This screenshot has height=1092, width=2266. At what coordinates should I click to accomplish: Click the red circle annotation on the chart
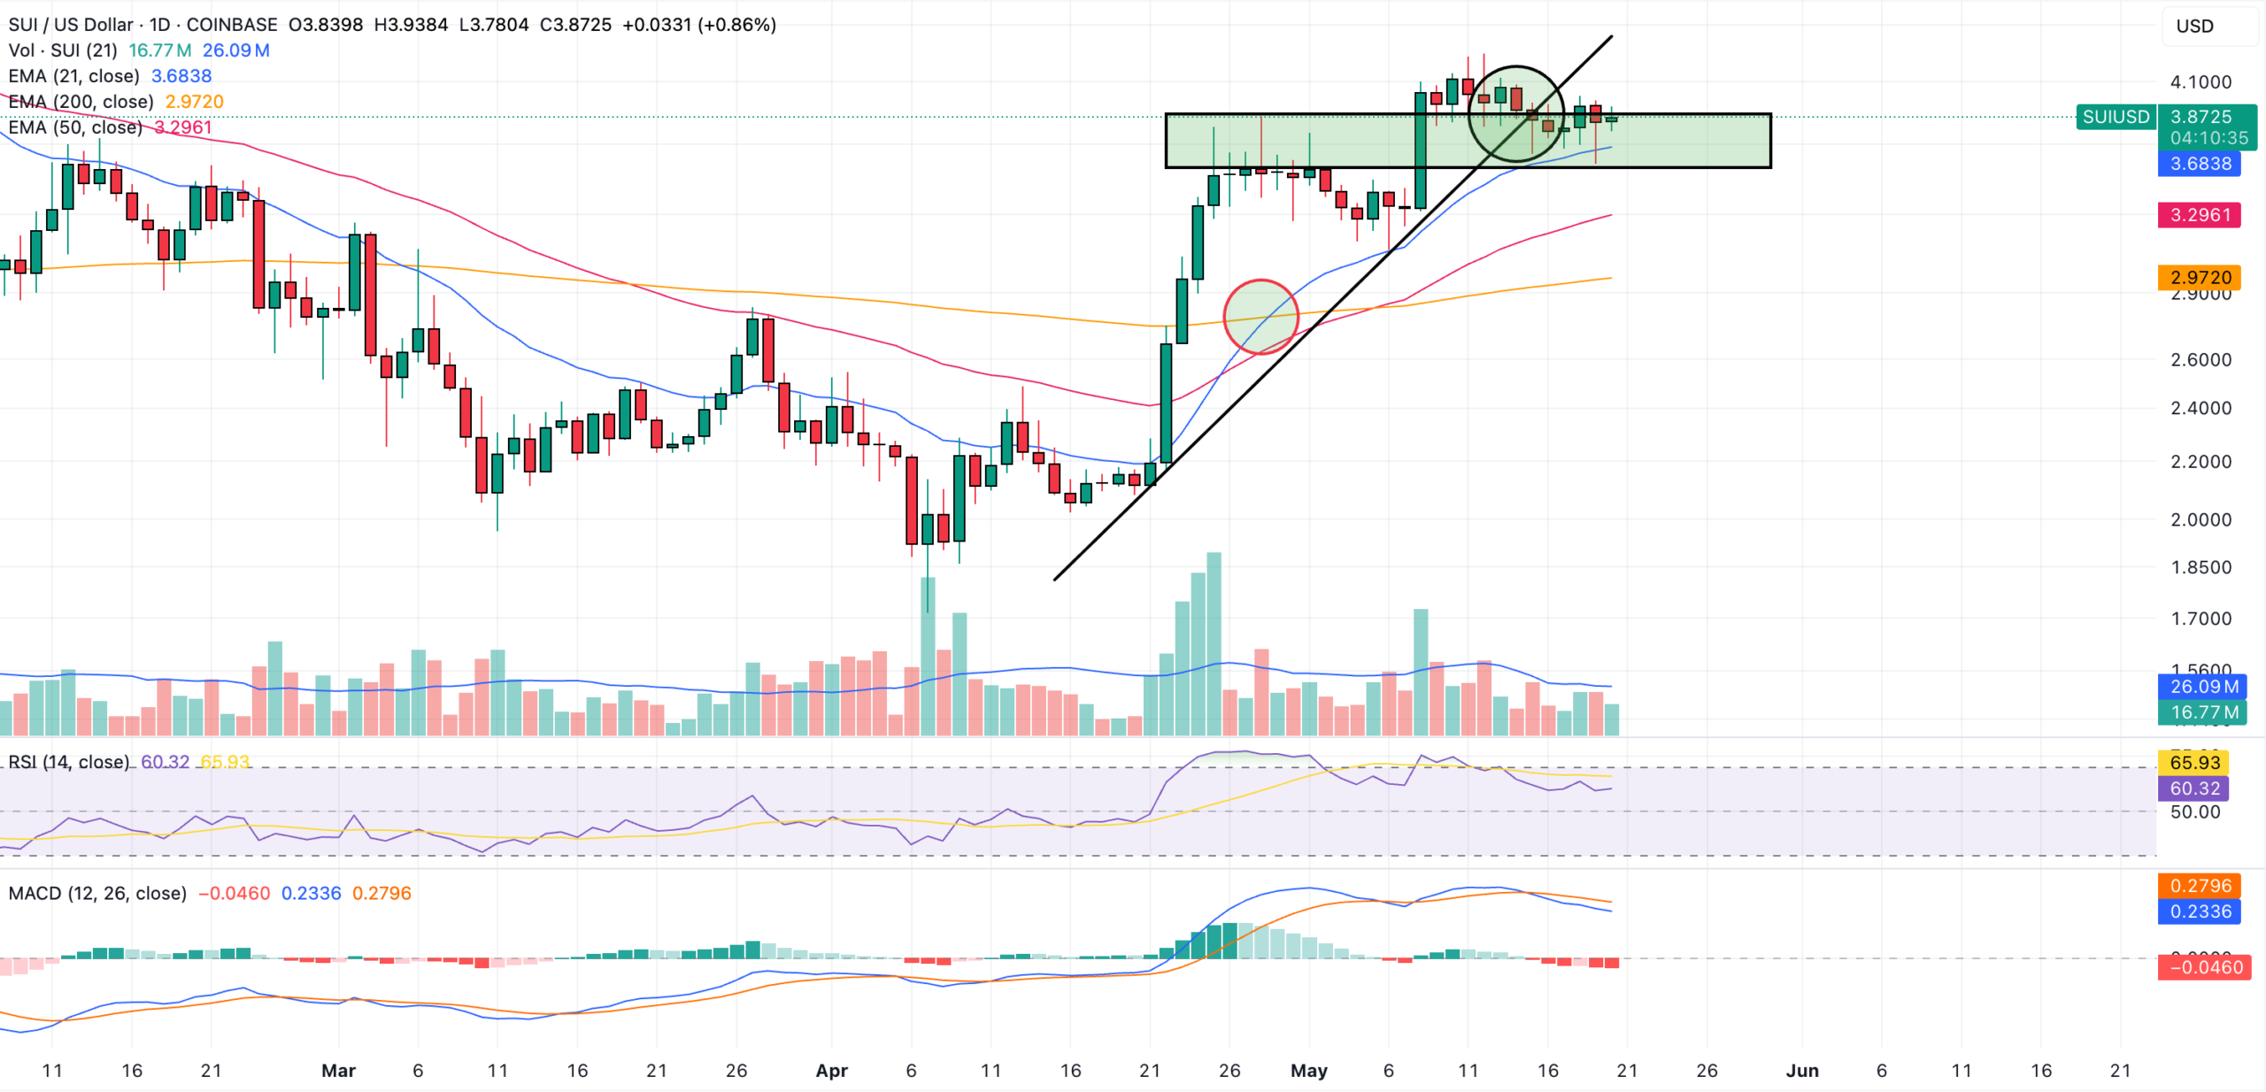(1260, 317)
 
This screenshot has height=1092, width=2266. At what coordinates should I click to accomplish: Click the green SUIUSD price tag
(2116, 117)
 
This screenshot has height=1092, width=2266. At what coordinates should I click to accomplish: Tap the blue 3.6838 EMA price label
(2200, 164)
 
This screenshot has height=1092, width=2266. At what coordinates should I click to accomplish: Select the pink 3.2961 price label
(2200, 215)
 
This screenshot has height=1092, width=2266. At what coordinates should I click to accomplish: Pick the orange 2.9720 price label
(2200, 277)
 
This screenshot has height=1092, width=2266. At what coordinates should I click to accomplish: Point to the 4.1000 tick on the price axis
(2200, 82)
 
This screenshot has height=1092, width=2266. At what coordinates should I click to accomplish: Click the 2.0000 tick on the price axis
(2200, 519)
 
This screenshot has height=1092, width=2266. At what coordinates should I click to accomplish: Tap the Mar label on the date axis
(338, 1071)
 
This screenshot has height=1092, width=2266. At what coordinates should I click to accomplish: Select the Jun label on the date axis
(1802, 1071)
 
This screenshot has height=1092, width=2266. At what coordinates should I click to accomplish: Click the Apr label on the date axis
(831, 1071)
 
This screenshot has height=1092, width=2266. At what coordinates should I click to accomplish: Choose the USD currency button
(2195, 27)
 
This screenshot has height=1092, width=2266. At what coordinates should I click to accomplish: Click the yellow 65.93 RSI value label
(2195, 763)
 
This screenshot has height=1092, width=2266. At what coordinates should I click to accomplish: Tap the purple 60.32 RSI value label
(2195, 788)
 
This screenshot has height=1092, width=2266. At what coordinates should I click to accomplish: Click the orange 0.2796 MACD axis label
(2200, 886)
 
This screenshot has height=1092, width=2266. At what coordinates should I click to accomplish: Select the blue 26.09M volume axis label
(2204, 687)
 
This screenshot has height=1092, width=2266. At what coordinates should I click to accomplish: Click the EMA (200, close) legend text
(81, 102)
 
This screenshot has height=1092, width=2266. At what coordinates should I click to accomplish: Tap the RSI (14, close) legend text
(69, 762)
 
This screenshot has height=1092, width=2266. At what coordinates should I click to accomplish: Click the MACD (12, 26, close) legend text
(97, 894)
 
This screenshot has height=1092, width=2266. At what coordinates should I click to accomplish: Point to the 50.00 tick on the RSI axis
(2195, 812)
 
